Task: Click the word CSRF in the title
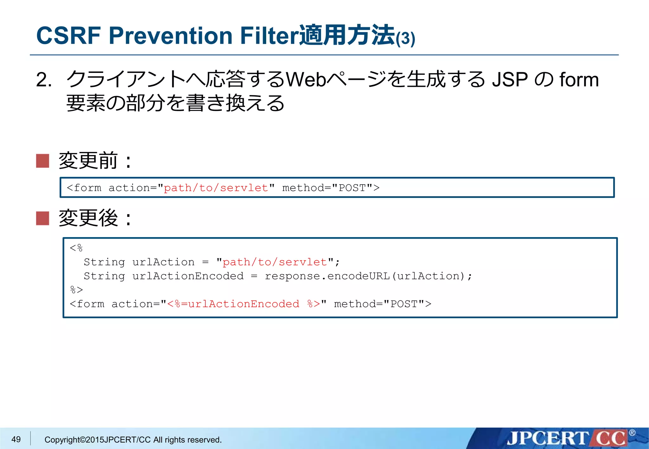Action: (x=68, y=35)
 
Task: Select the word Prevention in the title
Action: (x=170, y=35)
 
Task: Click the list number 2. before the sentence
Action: (x=44, y=79)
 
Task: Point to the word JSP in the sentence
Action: (x=510, y=79)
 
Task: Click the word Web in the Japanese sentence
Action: (x=305, y=79)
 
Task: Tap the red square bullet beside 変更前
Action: (x=42, y=161)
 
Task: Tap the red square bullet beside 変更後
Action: (x=42, y=218)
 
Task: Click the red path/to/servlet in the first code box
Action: (x=216, y=188)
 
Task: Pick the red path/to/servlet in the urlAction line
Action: (x=274, y=262)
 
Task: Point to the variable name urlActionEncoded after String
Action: (x=188, y=276)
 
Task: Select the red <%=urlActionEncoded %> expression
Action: (x=243, y=304)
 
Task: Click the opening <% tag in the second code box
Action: (x=76, y=248)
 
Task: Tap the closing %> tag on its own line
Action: (x=76, y=290)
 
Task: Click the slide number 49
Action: (x=16, y=439)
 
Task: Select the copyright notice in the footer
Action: (x=133, y=440)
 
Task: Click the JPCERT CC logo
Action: (x=567, y=438)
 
